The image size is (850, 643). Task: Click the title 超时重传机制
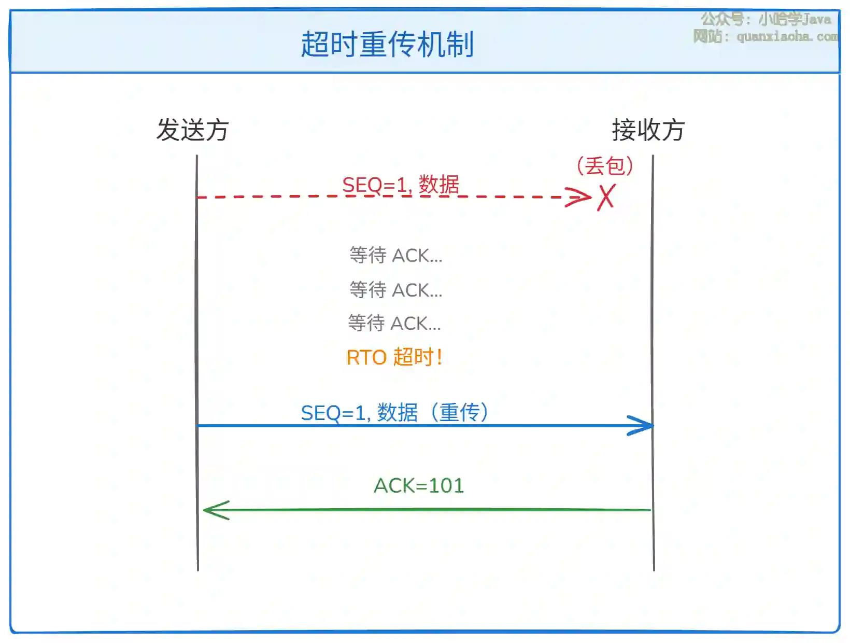pyautogui.click(x=387, y=44)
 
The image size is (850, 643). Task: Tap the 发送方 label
pyautogui.click(x=192, y=130)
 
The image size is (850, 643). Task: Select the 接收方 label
pyautogui.click(x=648, y=130)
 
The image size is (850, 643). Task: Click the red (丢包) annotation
pyautogui.click(x=604, y=166)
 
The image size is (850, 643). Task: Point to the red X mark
pyautogui.click(x=606, y=197)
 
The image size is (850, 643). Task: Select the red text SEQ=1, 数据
pyautogui.click(x=401, y=185)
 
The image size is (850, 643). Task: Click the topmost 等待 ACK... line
pyautogui.click(x=395, y=255)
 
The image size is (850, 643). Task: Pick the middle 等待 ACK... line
pyautogui.click(x=395, y=290)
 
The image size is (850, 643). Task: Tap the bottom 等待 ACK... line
pyautogui.click(x=394, y=323)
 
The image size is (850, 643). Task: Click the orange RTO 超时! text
pyautogui.click(x=394, y=357)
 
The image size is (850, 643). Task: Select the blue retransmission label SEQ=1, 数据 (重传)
pyautogui.click(x=394, y=413)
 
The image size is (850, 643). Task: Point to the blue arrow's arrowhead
pyautogui.click(x=640, y=426)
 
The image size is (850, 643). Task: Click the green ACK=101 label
pyautogui.click(x=419, y=486)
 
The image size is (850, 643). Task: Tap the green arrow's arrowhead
pyautogui.click(x=216, y=510)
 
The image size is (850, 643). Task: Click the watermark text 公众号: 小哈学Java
pyautogui.click(x=766, y=19)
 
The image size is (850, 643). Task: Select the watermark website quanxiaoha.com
pyautogui.click(x=787, y=36)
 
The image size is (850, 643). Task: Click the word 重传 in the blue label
pyautogui.click(x=459, y=413)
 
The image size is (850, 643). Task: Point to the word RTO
pyautogui.click(x=366, y=357)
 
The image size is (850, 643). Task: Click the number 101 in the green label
pyautogui.click(x=446, y=486)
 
